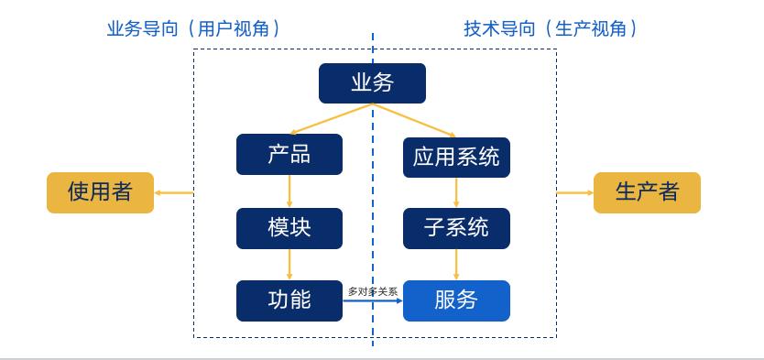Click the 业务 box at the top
point(372,83)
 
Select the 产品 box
point(289,155)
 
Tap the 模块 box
point(289,228)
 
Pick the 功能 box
point(289,300)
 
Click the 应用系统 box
point(456,157)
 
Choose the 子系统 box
point(456,228)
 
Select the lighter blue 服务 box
point(456,300)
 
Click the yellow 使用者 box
point(100,192)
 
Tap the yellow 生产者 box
point(647,192)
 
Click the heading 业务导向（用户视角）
point(193,28)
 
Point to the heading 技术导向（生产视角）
point(550,28)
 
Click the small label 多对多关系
point(373,291)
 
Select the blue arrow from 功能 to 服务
point(373,300)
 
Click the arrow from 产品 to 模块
point(289,191)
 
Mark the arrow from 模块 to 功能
point(289,264)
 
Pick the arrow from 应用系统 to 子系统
point(456,192)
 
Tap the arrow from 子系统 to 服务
point(456,264)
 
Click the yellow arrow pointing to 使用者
point(174,192)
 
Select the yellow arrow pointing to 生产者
point(574,192)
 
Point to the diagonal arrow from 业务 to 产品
point(330,119)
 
